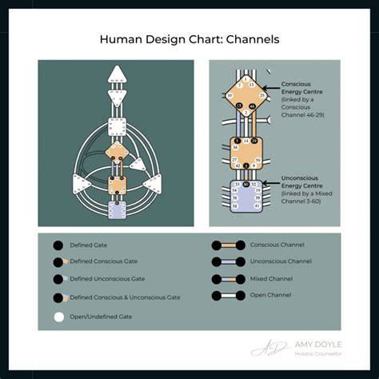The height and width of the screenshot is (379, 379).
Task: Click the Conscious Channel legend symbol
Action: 227,245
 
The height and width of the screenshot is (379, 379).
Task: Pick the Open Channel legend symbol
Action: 227,296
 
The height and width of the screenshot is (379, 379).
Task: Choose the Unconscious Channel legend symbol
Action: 227,261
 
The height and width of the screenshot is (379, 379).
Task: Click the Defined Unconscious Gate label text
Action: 107,279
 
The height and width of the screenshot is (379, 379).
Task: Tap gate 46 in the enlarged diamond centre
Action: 252,106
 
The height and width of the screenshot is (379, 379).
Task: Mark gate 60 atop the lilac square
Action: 251,184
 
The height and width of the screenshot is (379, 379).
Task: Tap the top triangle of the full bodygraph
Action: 118,76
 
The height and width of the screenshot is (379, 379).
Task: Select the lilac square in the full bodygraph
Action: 118,209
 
